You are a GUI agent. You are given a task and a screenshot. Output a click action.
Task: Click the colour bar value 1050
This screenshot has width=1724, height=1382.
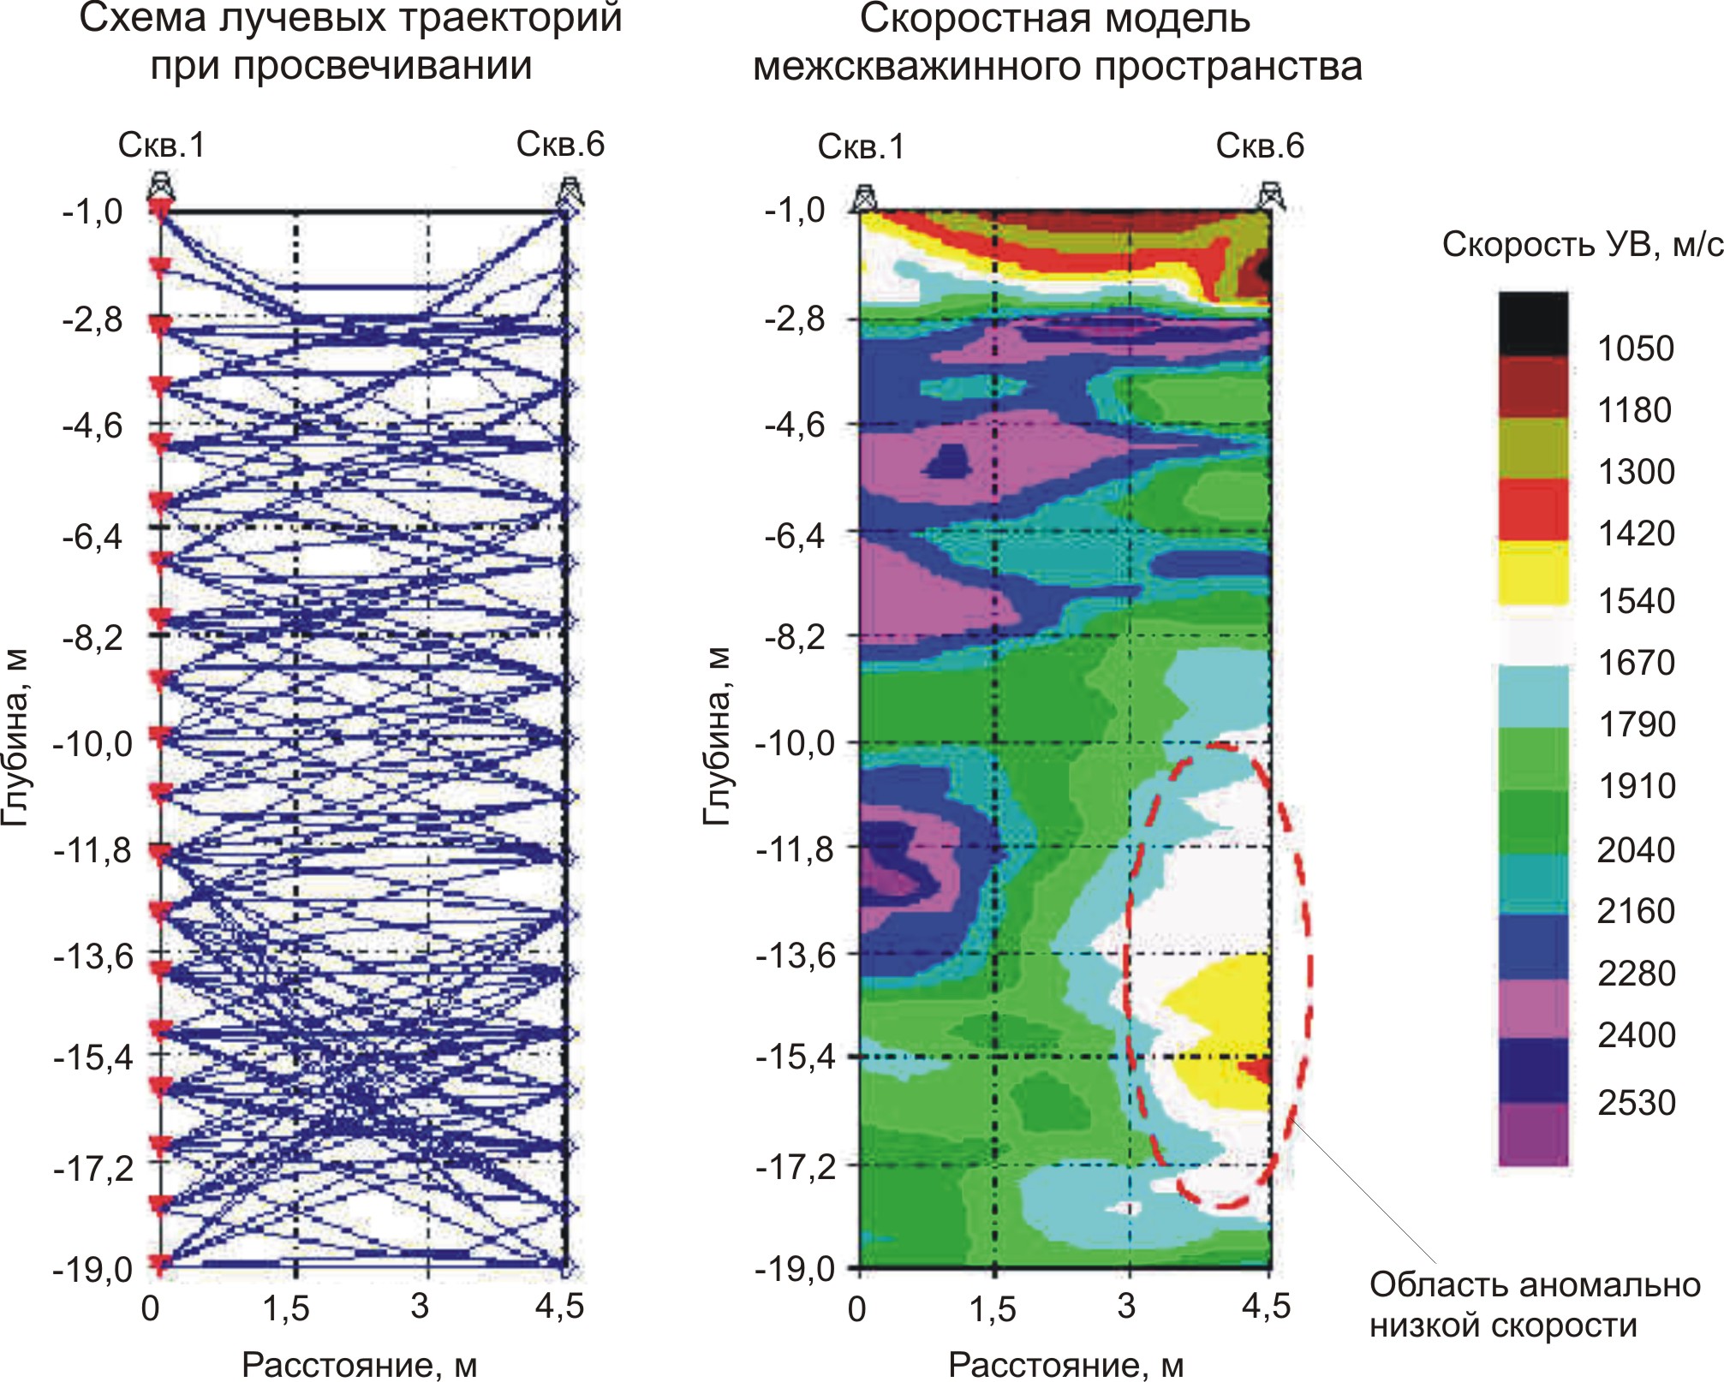(1635, 348)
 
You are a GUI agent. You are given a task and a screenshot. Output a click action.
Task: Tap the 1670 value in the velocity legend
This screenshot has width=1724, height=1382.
(1636, 662)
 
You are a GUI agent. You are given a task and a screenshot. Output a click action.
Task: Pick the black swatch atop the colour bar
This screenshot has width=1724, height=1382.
(1533, 324)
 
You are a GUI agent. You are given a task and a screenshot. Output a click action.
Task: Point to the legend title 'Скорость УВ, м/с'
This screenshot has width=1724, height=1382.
(1583, 245)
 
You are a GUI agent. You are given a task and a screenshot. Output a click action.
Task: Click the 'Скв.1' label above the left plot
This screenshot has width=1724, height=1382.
(162, 145)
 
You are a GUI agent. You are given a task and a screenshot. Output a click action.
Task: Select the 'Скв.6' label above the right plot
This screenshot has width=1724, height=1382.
(1260, 146)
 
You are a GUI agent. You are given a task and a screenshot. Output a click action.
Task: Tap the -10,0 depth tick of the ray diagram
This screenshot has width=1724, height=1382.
(93, 743)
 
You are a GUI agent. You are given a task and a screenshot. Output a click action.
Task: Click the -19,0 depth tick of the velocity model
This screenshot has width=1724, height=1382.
(794, 1268)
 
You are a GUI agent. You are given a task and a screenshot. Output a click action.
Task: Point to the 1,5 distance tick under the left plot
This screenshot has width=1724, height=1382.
(285, 1308)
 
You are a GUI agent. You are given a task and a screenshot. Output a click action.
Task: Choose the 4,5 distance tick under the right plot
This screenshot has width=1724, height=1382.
(1266, 1307)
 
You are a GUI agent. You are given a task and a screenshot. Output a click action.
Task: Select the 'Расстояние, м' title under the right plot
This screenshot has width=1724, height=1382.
(1065, 1365)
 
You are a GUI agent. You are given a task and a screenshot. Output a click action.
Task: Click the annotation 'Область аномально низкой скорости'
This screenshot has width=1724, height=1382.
(1535, 1304)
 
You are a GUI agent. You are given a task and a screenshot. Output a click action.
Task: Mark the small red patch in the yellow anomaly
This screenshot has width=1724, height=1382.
(1257, 1069)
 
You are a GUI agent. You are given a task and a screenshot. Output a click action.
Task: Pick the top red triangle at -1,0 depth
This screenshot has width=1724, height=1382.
(159, 209)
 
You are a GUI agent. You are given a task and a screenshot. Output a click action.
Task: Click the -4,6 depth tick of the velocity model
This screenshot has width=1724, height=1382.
(794, 425)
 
